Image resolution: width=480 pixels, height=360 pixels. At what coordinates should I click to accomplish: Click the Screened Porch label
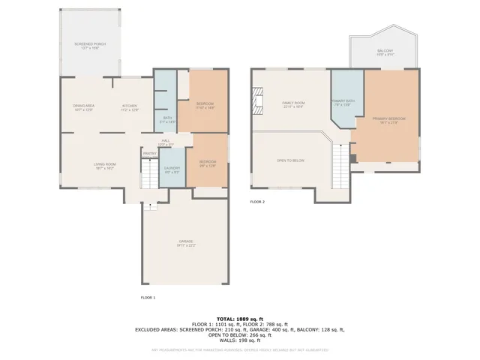tap(90, 46)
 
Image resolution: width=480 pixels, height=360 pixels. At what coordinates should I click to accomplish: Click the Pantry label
tap(148, 152)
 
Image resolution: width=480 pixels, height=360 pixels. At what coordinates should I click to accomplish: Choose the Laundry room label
tap(172, 169)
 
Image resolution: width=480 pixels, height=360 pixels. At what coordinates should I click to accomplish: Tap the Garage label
tap(186, 242)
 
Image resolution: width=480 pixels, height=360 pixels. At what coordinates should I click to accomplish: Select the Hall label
tap(166, 142)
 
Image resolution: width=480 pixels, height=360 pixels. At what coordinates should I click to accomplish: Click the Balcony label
tap(384, 52)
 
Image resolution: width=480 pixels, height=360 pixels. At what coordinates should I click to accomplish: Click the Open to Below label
tap(290, 160)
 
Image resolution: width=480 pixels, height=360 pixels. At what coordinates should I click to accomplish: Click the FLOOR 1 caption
tap(148, 298)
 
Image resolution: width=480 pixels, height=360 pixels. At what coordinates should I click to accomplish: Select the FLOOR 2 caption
tap(257, 202)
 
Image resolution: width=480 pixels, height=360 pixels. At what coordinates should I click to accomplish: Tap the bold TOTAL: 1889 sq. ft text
tap(239, 319)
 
